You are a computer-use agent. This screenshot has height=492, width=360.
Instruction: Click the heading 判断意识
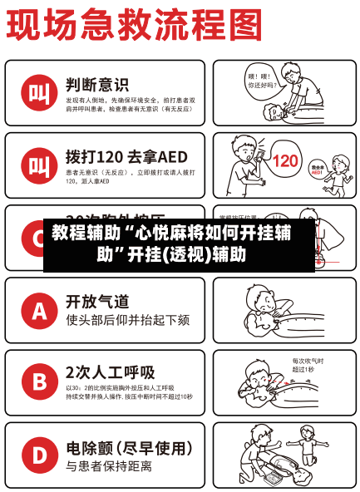click(x=97, y=84)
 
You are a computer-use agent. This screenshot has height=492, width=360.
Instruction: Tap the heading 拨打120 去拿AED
click(x=126, y=156)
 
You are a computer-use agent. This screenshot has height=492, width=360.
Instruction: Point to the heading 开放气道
click(x=97, y=301)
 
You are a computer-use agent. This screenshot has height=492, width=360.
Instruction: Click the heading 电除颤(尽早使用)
click(x=129, y=447)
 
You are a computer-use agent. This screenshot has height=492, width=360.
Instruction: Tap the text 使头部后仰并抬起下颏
click(x=127, y=319)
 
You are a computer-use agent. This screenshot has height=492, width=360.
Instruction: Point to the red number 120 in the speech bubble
click(x=285, y=160)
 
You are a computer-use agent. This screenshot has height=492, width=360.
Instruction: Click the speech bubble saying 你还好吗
click(x=259, y=81)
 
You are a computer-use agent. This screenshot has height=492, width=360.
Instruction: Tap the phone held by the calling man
click(x=258, y=155)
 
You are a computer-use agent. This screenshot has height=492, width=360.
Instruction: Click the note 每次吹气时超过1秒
click(x=308, y=365)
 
